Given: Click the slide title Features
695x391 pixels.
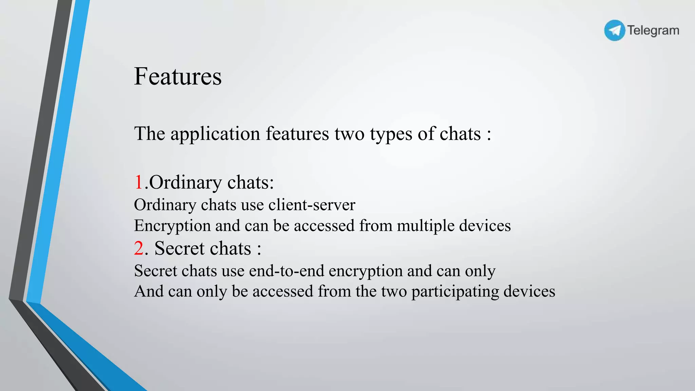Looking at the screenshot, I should click(x=178, y=76).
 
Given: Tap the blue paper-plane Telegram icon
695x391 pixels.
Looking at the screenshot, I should click(x=614, y=31).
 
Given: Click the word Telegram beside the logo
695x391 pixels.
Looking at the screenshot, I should click(x=653, y=31).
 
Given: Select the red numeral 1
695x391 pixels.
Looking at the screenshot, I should click(x=138, y=182).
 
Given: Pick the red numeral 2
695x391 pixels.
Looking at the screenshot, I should click(x=139, y=248).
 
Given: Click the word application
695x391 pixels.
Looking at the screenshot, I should click(x=215, y=134).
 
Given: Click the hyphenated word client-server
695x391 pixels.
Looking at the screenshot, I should click(x=312, y=205).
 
